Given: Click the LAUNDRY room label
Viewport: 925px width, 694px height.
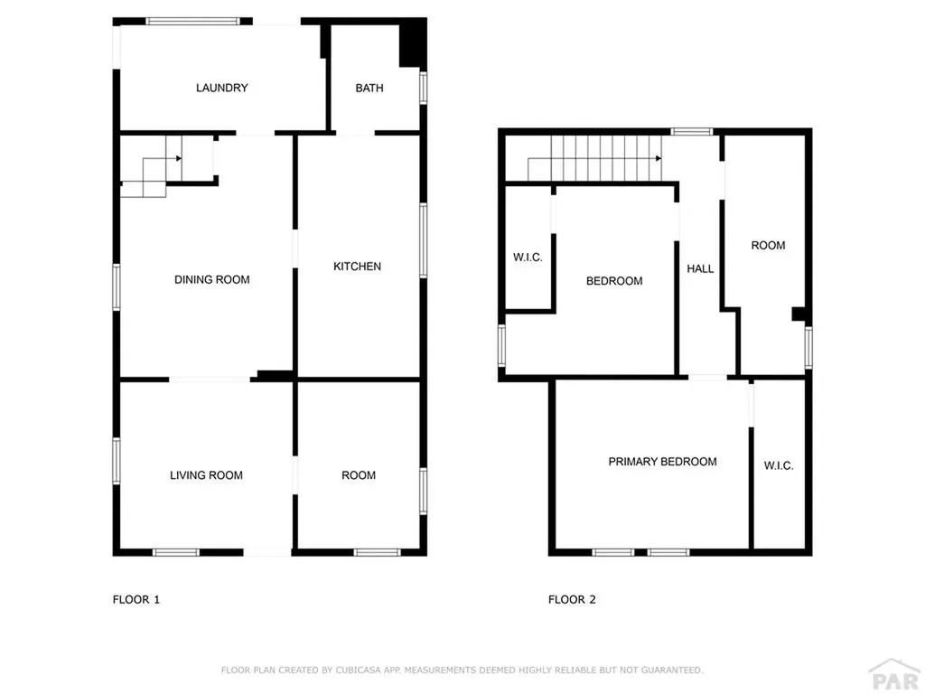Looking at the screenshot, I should point(221,88).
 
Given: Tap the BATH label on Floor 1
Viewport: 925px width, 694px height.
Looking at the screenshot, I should point(369,88).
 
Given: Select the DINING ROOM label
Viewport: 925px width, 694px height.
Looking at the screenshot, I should point(211,279).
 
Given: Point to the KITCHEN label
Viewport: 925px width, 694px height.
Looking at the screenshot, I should point(357,267).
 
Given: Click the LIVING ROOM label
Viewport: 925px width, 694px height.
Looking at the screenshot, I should point(206,475).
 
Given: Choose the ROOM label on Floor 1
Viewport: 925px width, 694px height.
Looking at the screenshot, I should point(359,475).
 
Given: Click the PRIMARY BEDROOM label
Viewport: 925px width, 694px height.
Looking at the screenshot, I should point(662,462).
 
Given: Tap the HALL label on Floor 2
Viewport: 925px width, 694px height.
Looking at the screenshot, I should point(700,268).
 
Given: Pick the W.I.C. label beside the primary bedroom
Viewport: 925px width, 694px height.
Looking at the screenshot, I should point(779,466).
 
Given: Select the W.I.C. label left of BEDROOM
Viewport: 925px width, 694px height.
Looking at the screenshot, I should point(528,258).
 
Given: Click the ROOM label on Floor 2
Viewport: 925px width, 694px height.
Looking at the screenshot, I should point(768,245).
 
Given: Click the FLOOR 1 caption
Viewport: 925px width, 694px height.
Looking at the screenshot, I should point(135,599).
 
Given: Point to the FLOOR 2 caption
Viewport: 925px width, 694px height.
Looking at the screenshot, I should point(572,599).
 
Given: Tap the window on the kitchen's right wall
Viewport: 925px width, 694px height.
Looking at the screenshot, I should point(423,239).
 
